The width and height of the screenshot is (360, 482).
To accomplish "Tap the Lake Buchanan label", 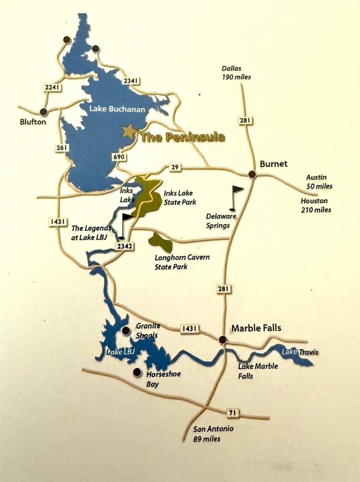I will pos(117,109).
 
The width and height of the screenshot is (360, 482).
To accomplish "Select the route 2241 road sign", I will pos(52,87).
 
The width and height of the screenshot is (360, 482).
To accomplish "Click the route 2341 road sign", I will pos(130,81).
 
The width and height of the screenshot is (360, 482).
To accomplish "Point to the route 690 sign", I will pos(119,157).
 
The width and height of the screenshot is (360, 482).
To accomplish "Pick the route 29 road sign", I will pos(175,167).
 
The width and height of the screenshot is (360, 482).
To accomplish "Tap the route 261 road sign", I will pos(61,147).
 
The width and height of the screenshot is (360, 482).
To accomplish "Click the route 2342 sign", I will pos(124,246).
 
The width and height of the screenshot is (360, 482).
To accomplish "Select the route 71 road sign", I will pos(232,413).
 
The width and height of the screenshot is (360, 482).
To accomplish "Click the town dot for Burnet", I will pos(252,174).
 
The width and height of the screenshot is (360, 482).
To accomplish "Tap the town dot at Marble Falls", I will pos(223,339).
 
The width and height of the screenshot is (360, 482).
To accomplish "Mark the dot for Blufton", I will pos(44,112).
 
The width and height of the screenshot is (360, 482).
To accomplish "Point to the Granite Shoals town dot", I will pos(126,330).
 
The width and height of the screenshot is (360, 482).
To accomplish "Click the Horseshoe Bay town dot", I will pos(137,372).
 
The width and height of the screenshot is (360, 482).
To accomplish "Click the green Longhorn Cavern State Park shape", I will pos(160,243).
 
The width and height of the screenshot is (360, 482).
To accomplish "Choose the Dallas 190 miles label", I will pos(236,72).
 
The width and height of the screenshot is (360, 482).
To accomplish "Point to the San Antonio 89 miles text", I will pos(213,433).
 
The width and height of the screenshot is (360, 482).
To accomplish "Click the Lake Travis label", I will pos(300,352).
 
